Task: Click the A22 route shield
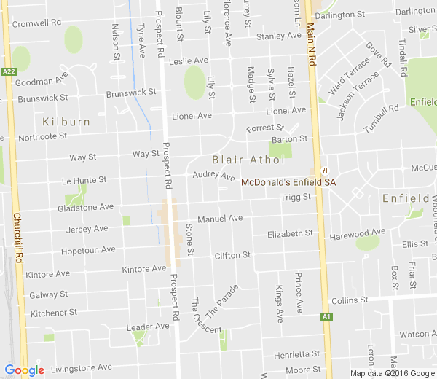pyautogui.click(x=9, y=71)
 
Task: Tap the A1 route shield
pyautogui.click(x=327, y=316)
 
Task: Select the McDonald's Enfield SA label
pyautogui.click(x=288, y=182)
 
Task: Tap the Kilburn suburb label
pyautogui.click(x=66, y=121)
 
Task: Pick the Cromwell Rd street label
pyautogui.click(x=35, y=23)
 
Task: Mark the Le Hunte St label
pyautogui.click(x=84, y=179)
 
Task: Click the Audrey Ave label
pyautogui.click(x=214, y=176)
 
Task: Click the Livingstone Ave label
pyautogui.click(x=80, y=367)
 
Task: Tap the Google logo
pyautogui.click(x=24, y=370)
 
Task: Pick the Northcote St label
pyautogui.click(x=42, y=136)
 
